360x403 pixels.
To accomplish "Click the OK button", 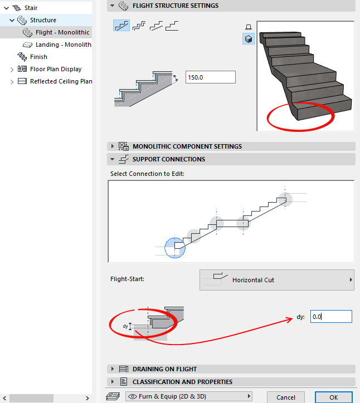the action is [x=334, y=397].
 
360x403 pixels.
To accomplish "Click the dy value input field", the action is [x=331, y=316].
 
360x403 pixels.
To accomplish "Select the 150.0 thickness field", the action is [x=210, y=77].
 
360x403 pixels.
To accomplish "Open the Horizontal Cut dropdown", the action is [x=277, y=280].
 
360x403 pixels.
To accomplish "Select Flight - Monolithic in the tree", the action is [x=62, y=32].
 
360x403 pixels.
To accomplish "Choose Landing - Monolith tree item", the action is [x=64, y=45].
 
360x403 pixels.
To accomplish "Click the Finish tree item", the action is [x=38, y=57].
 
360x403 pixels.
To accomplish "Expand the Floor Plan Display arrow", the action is [x=12, y=70].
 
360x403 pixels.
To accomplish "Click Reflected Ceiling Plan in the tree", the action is [x=61, y=81].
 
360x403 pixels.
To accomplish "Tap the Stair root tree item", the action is [x=31, y=8].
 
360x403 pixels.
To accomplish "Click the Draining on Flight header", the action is [x=165, y=369].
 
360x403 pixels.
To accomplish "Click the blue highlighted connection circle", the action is [x=175, y=248].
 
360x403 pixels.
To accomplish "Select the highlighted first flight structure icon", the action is [x=121, y=26].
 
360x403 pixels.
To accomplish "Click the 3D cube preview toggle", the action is [x=249, y=39].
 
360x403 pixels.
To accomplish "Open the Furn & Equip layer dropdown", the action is [x=188, y=396].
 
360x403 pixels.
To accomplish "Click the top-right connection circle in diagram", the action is [x=285, y=199].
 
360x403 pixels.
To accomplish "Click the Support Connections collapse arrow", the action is [x=112, y=159].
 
